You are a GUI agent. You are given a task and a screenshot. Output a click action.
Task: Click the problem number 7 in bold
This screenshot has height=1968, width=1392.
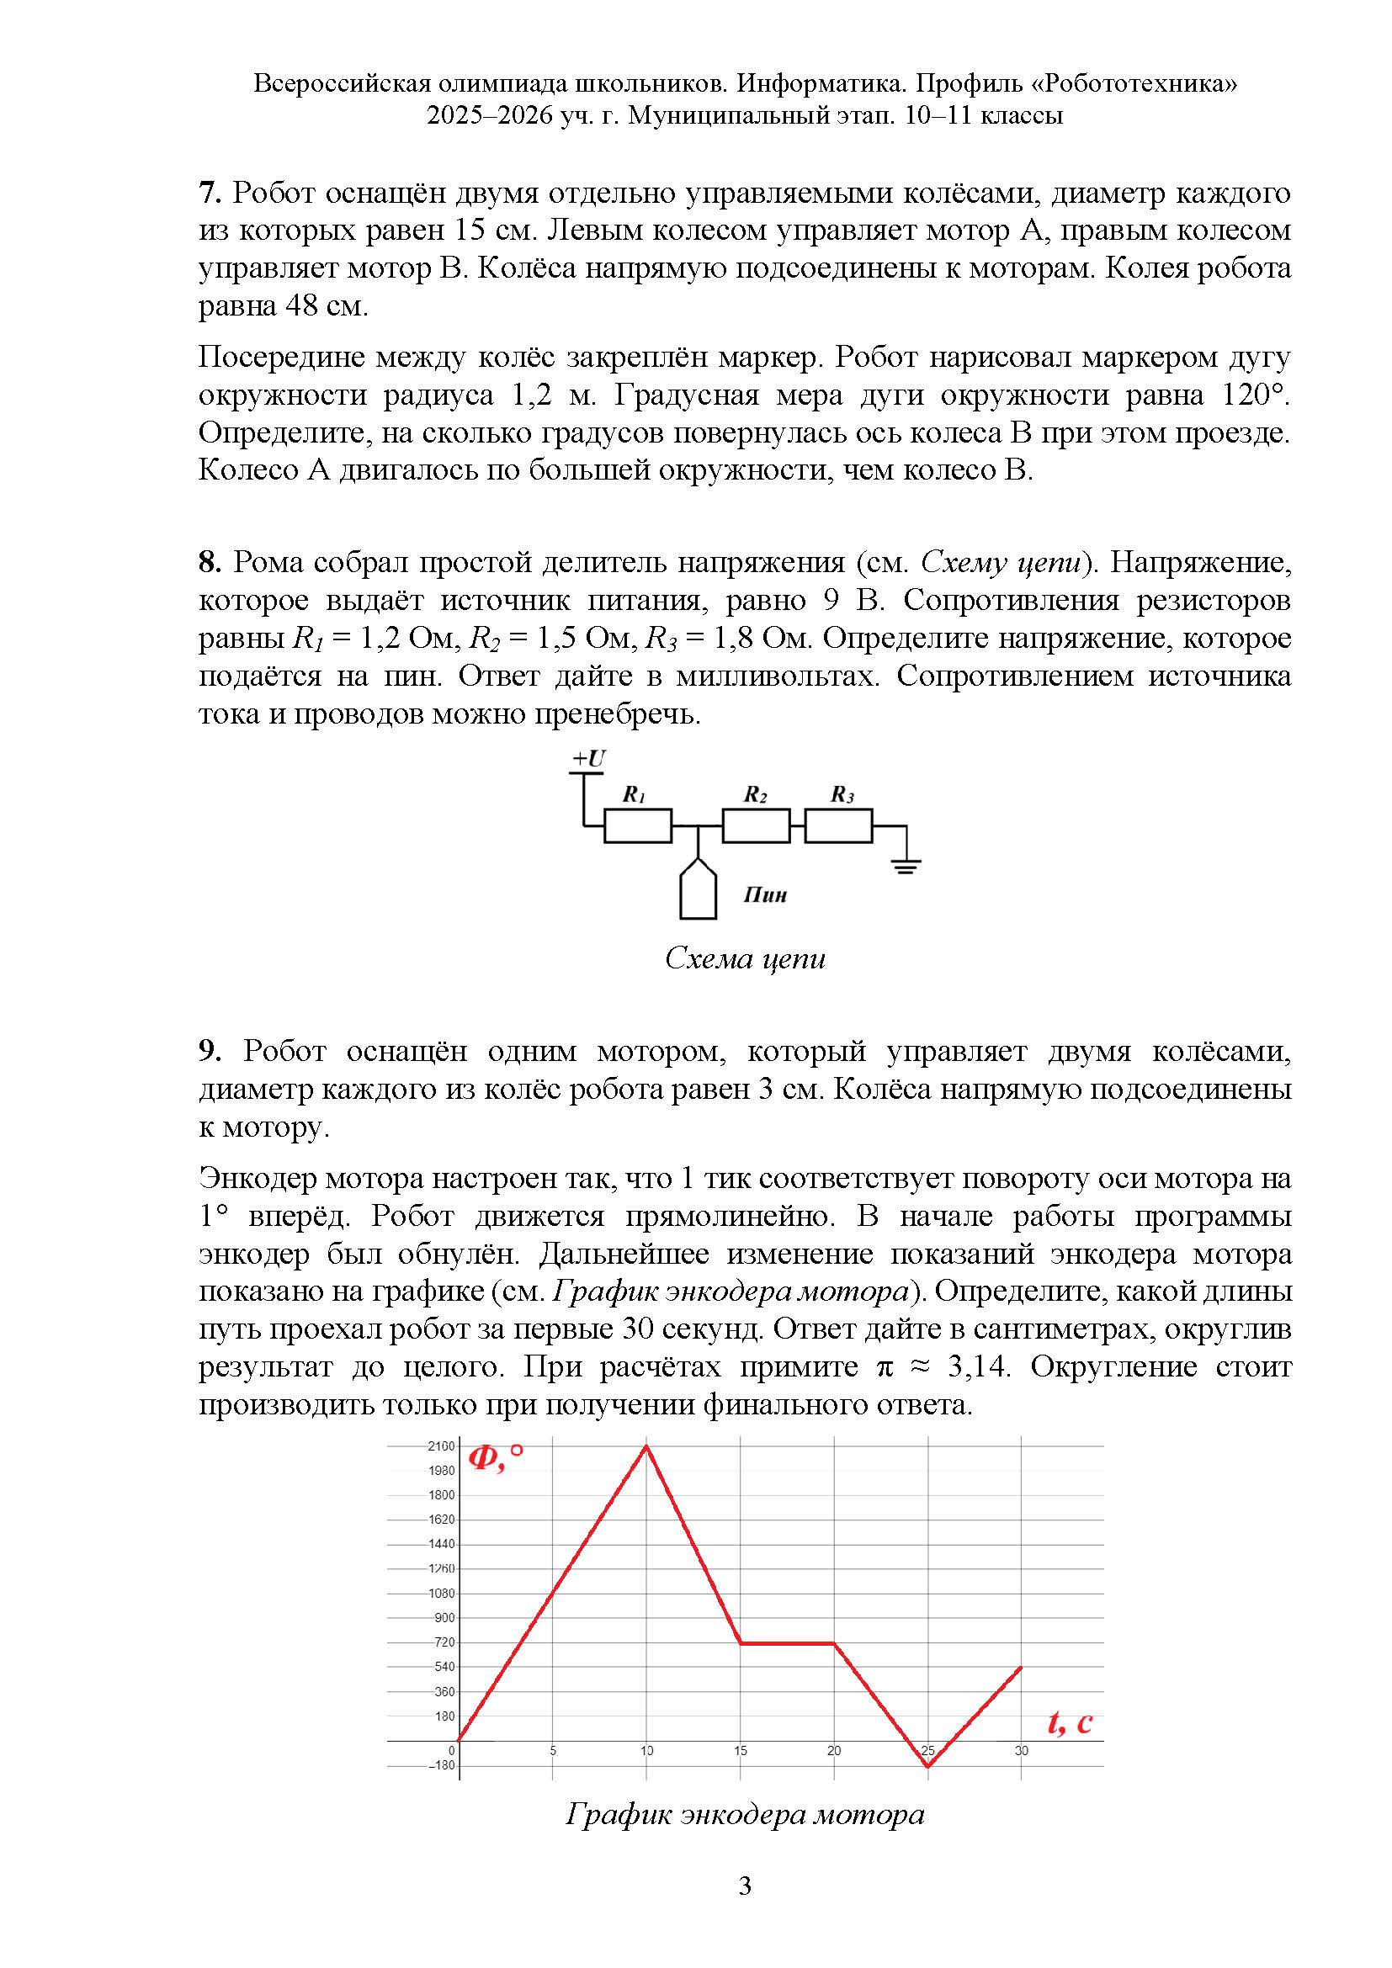(210, 193)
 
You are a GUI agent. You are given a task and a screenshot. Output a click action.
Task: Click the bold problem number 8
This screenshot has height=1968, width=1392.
(210, 562)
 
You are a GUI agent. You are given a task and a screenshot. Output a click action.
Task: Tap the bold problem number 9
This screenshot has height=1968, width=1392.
(210, 1051)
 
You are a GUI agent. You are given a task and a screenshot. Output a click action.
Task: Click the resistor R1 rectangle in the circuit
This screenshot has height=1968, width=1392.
(637, 826)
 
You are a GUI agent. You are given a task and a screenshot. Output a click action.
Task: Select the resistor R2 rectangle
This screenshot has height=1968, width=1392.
(755, 826)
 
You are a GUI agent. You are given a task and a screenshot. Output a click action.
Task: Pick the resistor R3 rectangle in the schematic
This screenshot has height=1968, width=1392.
(838, 826)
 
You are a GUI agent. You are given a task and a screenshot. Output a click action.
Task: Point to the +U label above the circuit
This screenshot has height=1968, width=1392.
(589, 759)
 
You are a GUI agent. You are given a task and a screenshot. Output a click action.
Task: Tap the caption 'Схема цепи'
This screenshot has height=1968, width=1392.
(745, 958)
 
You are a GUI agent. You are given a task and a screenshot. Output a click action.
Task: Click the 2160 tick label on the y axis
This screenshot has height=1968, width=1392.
(442, 1447)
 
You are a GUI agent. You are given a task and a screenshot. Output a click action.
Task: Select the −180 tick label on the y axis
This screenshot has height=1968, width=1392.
(443, 1766)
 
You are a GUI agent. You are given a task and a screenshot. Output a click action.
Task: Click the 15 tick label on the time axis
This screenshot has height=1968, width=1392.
(741, 1751)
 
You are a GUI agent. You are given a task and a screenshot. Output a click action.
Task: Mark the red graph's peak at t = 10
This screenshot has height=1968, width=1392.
(646, 1447)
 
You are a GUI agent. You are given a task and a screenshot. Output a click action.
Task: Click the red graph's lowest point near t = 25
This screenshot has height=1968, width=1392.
(927, 1766)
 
